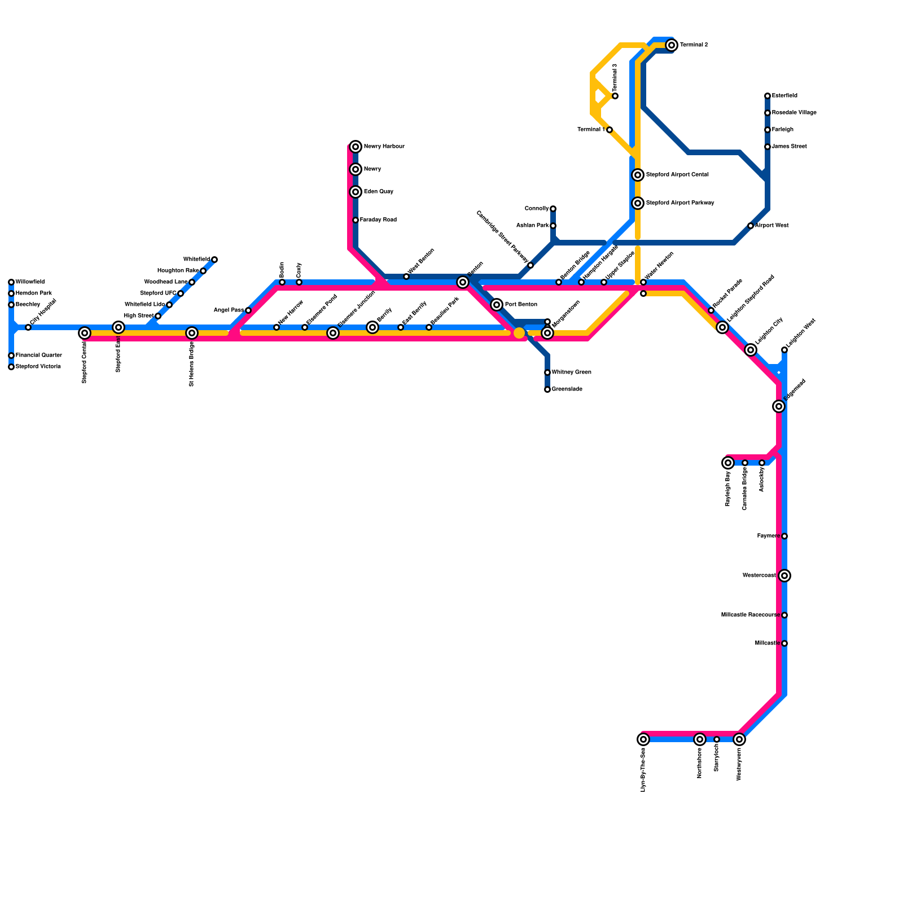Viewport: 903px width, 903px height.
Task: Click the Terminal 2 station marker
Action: coord(671,45)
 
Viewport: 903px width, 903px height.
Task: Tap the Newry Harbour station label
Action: coord(384,147)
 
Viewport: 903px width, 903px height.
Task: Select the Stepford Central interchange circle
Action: coord(85,333)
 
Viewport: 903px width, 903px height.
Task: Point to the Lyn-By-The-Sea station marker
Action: coord(643,739)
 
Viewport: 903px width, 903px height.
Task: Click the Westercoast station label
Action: coord(759,576)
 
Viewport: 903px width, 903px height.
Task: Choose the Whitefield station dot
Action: coord(214,260)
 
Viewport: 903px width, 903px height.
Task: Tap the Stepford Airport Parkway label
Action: coord(680,203)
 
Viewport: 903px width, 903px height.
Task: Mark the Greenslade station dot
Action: coord(547,389)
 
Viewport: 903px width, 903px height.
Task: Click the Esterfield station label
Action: coord(784,96)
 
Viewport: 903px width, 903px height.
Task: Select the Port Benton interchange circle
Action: coord(497,305)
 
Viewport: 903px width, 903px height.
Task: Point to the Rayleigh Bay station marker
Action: coord(728,463)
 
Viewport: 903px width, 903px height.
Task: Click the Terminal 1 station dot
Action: coord(610,130)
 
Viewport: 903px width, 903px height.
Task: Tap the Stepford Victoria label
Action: coord(38,367)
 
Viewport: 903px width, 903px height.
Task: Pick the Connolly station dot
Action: coord(553,209)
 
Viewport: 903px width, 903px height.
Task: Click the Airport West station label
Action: coord(772,226)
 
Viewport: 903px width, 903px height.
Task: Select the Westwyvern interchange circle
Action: coord(739,739)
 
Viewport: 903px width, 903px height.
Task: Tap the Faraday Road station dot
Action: coord(356,220)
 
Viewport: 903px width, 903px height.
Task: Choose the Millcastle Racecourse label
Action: coord(750,615)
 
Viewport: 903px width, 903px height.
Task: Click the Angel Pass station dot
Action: coord(248,310)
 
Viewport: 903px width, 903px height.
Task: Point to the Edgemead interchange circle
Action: coord(779,406)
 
